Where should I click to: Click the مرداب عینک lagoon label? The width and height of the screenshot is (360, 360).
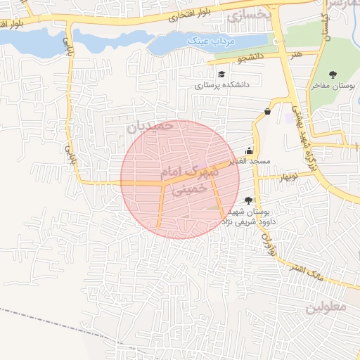(x=208, y=41)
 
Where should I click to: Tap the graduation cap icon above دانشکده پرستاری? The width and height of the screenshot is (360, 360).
(x=221, y=74)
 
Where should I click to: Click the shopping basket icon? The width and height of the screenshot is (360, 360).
(x=267, y=111)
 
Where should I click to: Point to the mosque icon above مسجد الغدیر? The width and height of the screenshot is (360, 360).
(x=249, y=150)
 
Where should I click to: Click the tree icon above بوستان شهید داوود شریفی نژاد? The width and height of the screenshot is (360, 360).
(x=248, y=200)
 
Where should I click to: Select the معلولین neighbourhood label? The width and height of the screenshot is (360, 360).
(x=326, y=307)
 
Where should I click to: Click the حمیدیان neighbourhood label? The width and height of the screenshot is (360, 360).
(x=150, y=127)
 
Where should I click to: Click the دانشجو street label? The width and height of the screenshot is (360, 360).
(x=250, y=55)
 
